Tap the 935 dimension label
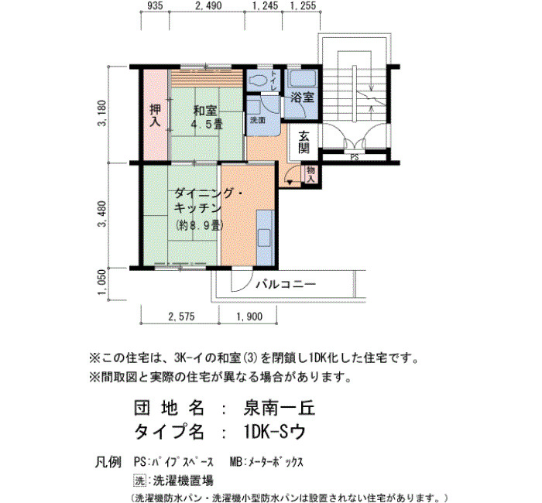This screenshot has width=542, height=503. point(155,5)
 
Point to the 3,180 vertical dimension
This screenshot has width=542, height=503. point(103,114)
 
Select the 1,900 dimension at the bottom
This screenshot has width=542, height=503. point(249,316)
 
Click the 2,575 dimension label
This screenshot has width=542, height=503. point(181,316)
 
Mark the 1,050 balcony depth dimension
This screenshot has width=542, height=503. point(103,282)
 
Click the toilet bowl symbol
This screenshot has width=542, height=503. point(258,80)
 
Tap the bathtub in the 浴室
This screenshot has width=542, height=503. point(303,79)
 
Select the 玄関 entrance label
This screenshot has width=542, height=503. point(304,142)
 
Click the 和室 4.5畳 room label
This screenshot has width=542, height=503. point(208,117)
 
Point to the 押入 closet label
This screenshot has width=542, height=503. point(155,115)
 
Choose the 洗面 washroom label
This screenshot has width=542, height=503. point(258,120)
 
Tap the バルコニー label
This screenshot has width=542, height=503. point(286,285)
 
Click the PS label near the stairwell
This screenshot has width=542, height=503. point(355,157)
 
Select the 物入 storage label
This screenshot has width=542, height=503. point(311,174)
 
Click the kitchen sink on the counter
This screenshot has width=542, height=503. point(265,238)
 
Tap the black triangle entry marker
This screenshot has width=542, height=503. point(290,182)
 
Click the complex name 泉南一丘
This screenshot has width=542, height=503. point(280,409)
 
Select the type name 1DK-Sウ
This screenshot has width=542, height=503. point(274,432)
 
